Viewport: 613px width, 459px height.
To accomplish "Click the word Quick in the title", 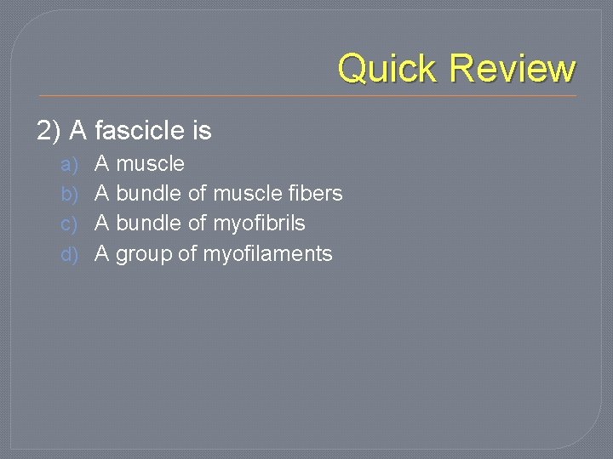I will click(388, 68).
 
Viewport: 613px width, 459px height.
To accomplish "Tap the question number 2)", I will click(49, 131).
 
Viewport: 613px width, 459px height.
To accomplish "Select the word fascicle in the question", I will click(139, 131).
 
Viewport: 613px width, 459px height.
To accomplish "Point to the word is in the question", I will click(202, 131).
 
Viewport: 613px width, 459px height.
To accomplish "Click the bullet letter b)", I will click(70, 194).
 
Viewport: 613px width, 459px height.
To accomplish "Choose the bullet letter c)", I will click(70, 224).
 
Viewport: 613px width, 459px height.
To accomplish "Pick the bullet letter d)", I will click(70, 253).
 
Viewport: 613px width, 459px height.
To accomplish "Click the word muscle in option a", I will click(150, 163).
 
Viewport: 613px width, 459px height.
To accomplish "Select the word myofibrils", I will click(259, 224).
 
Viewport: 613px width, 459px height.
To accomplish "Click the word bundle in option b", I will click(148, 194).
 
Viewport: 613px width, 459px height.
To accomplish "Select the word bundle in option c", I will click(148, 224).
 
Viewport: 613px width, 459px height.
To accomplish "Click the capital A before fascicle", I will click(78, 131).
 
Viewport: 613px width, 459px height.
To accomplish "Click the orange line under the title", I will click(306, 95).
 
